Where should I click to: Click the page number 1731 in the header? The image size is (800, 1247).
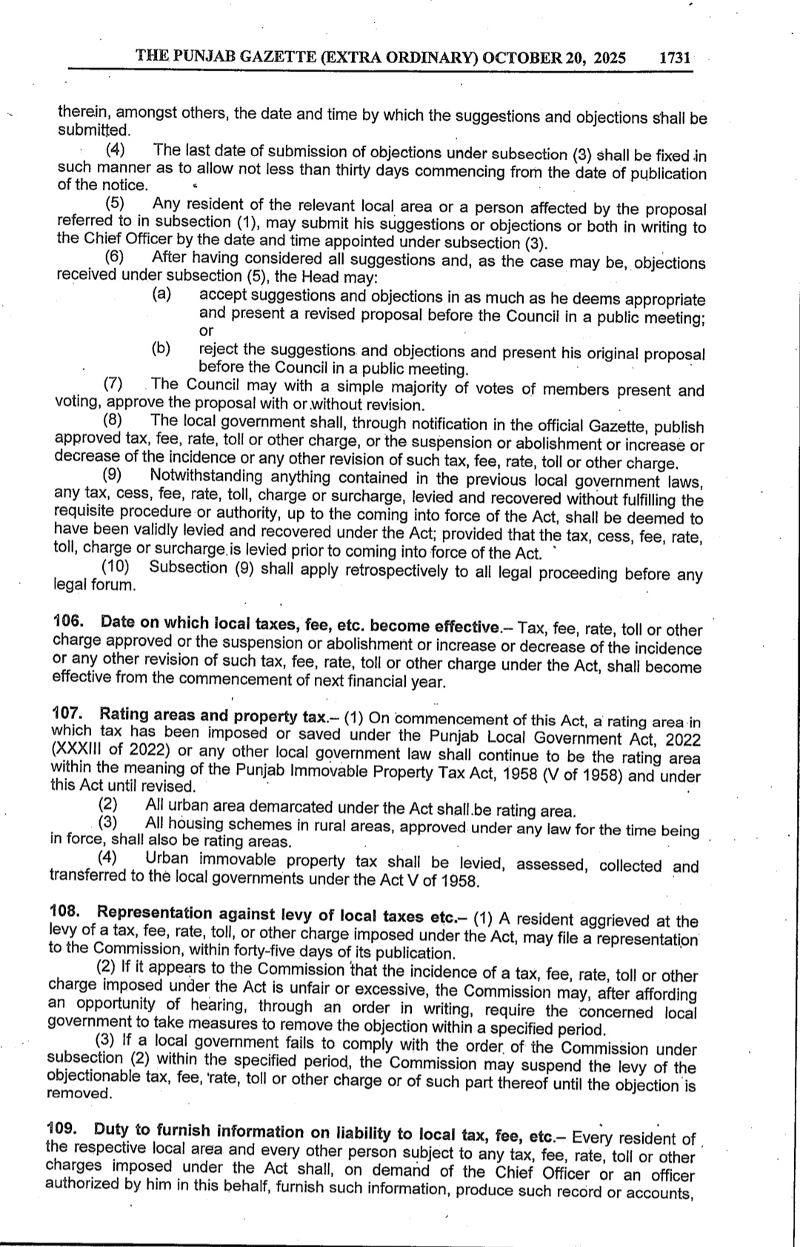674,58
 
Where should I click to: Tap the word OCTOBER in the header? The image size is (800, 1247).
516,58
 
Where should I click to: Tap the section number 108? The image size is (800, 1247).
66,912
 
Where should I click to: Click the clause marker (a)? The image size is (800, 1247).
161,294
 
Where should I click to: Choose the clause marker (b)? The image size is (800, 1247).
161,348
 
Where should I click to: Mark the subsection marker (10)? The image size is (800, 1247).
115,566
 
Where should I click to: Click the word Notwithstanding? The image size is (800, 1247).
206,476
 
